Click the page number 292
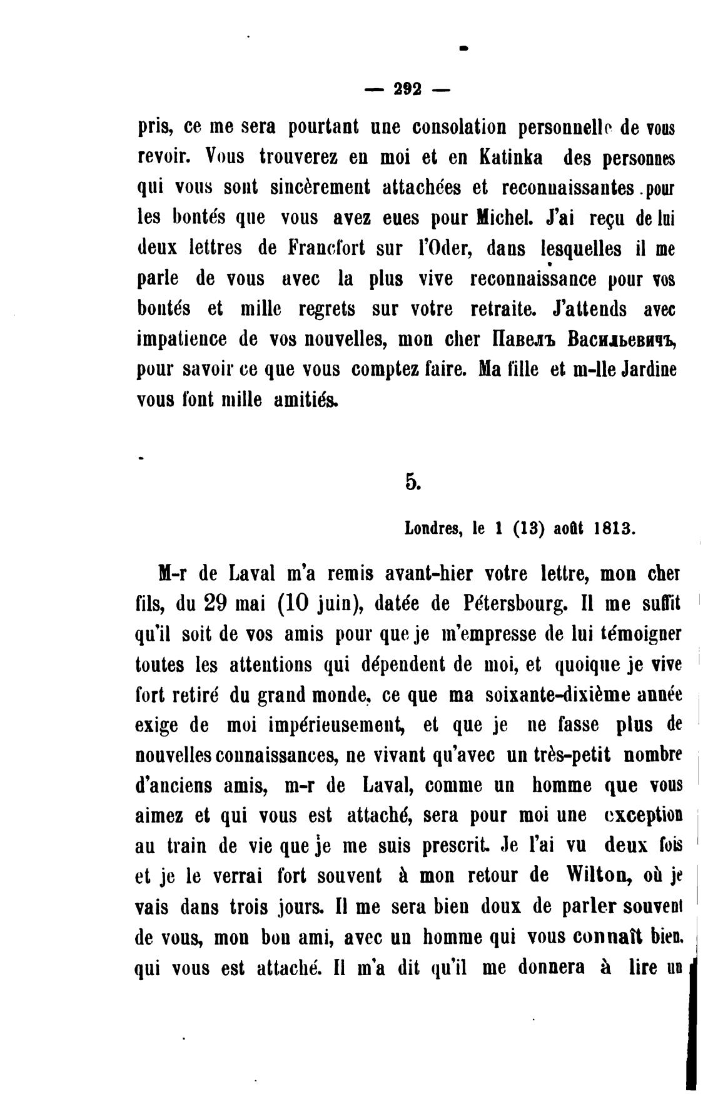tap(408, 89)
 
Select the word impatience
tap(182, 339)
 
